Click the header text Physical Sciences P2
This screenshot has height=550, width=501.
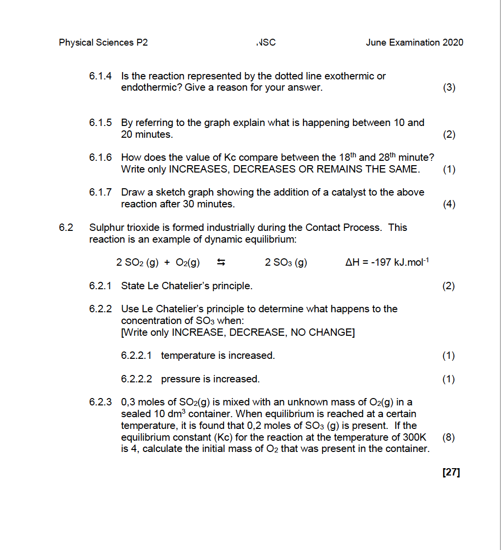(103, 43)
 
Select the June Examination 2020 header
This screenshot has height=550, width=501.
(414, 43)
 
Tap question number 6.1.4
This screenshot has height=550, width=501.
(100, 76)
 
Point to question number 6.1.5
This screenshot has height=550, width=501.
(100, 123)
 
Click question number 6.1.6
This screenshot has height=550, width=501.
(100, 158)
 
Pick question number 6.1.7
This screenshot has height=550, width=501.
(100, 192)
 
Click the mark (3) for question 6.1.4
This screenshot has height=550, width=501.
(449, 88)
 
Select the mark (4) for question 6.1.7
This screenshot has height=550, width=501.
(449, 204)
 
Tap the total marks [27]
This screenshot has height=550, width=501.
(451, 473)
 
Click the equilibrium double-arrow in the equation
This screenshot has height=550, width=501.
(221, 263)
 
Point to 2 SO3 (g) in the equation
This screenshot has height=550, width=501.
(286, 263)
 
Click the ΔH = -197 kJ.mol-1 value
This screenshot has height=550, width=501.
(387, 262)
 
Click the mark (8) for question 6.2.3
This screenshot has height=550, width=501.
(449, 437)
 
